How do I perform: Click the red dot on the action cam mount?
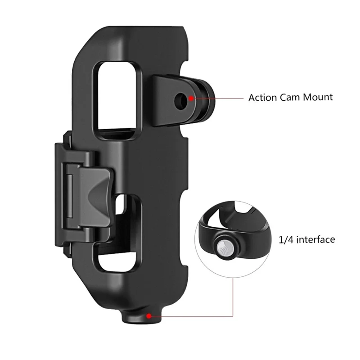191,97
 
